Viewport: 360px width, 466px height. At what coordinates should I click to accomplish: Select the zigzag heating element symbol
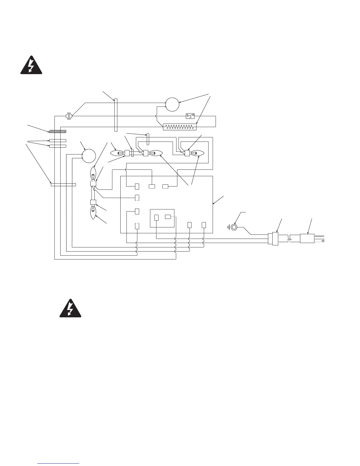coord(179,127)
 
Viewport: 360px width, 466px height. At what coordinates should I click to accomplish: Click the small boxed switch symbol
coord(190,116)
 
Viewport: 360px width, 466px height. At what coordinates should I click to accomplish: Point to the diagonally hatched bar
coord(58,131)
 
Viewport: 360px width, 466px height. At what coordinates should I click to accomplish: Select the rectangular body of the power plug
coord(307,238)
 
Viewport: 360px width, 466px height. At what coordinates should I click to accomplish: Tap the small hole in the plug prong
coord(323,241)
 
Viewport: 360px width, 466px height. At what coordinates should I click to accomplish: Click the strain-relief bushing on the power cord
coord(274,238)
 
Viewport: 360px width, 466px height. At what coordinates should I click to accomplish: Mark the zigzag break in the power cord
coord(290,238)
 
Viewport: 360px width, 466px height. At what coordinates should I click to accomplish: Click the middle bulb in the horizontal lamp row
coord(156,153)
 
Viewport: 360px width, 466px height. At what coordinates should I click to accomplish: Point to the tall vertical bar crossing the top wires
coord(116,115)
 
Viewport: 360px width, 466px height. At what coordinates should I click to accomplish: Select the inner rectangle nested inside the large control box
coord(162,218)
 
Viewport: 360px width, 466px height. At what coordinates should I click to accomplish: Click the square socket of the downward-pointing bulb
coord(93,202)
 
